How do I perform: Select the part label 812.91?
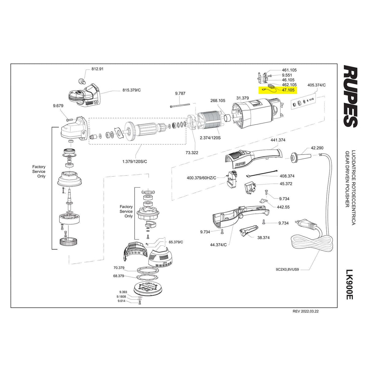point(98,69)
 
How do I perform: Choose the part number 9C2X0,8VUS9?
point(287,270)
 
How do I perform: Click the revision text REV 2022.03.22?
point(306,311)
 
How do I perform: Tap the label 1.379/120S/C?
point(135,161)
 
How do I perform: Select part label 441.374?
point(278,140)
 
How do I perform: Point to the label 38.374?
point(263,237)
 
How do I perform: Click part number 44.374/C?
point(218,244)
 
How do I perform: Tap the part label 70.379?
point(118,267)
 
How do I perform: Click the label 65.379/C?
point(176,242)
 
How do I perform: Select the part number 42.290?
point(317,148)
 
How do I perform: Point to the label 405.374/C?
point(316,85)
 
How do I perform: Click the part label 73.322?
point(192,152)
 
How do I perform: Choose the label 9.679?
point(58,106)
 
